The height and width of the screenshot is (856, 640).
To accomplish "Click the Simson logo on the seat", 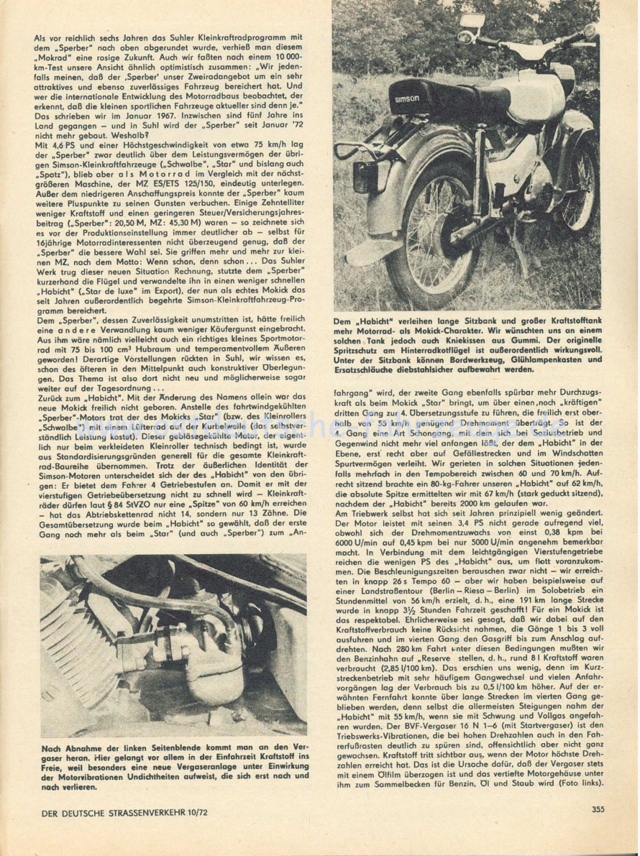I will [407, 98].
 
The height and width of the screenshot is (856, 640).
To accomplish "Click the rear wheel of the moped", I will [429, 231].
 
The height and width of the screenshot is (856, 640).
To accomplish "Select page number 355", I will [598, 809].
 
